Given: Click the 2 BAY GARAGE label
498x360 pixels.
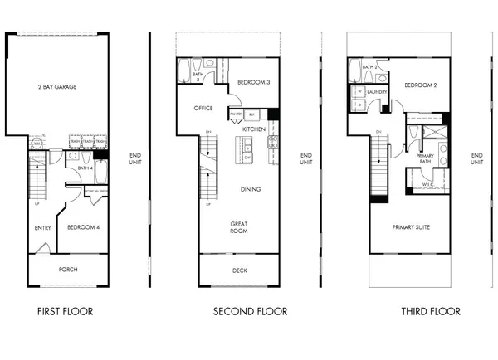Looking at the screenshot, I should coord(57,86).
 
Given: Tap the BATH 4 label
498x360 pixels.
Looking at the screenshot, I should coord(83,168).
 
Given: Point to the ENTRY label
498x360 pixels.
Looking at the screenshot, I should coord(42,227).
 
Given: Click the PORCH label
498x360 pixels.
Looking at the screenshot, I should coord(69,269).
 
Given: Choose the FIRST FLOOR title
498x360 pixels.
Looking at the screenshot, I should coord(65,312).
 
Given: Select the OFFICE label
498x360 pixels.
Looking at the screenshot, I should coord(204,108).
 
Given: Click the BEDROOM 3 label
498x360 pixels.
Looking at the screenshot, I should coord(251,82).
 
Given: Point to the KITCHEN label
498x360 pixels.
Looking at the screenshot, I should coord(254,129).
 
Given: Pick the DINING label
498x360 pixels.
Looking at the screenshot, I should coord(251,189).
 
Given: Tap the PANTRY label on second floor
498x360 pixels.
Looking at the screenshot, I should coord(236,114).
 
